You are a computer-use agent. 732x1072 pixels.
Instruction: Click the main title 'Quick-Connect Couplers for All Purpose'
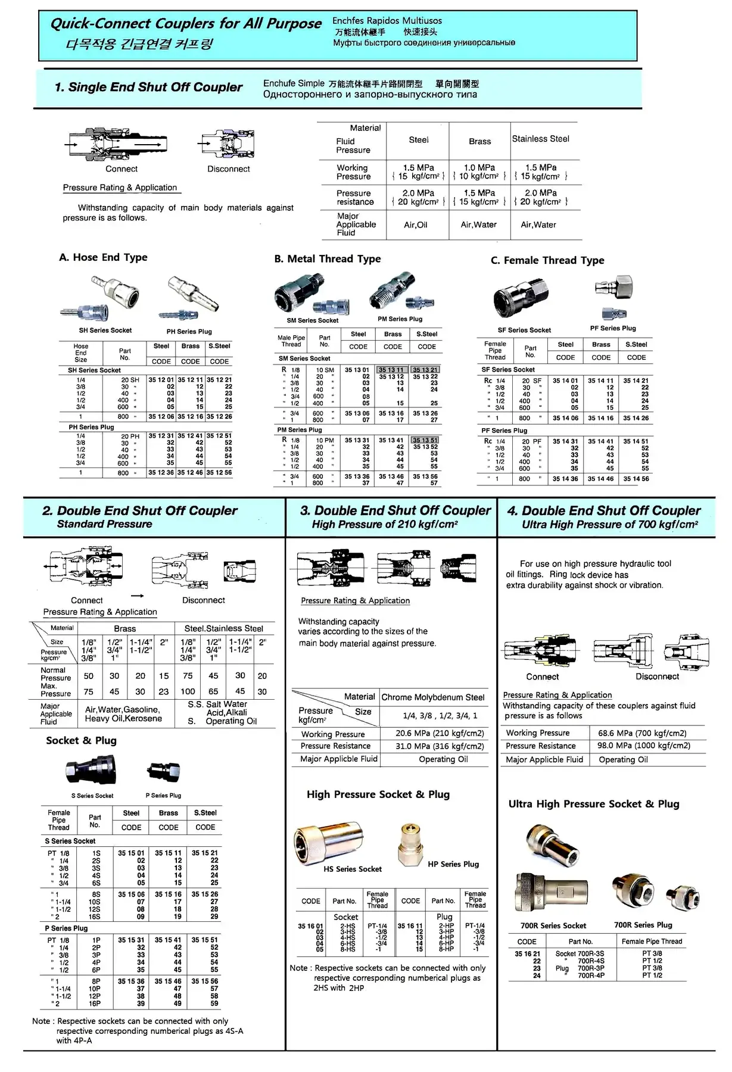(185, 24)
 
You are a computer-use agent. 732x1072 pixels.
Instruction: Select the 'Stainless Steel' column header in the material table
(540, 139)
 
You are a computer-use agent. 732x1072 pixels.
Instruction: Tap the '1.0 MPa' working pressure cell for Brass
(479, 168)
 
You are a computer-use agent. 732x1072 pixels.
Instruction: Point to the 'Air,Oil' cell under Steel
(415, 225)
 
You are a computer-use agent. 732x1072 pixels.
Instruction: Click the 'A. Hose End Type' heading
(103, 257)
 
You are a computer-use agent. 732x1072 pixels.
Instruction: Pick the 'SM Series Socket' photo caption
(312, 320)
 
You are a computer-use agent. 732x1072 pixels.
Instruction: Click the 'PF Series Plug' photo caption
(612, 328)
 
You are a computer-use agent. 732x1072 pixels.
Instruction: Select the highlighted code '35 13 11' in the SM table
(391, 370)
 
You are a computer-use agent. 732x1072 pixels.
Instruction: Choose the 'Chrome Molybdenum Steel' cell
(433, 697)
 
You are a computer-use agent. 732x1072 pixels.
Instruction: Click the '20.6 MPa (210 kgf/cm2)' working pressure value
(440, 734)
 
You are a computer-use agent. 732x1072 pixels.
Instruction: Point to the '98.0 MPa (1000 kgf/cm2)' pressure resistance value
(643, 746)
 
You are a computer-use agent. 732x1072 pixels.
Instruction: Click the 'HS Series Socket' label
(353, 869)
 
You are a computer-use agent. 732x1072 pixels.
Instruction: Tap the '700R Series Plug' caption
(643, 925)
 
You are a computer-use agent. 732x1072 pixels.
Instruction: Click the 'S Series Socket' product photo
(91, 771)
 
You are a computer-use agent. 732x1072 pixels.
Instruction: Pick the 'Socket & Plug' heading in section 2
(81, 740)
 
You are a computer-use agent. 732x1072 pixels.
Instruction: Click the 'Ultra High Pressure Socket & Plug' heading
(593, 804)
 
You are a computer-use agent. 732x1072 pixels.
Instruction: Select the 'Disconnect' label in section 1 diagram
(228, 169)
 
